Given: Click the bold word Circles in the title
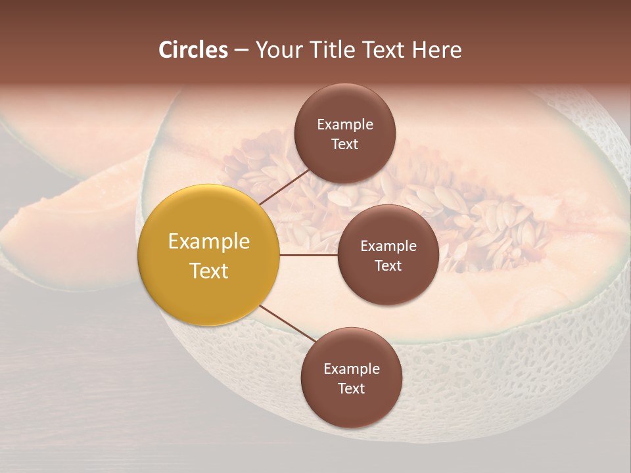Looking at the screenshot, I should coord(193,50).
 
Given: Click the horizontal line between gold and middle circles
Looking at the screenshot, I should coord(308,255).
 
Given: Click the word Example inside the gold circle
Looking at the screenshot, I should coord(208,242).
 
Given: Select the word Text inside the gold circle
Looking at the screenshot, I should coord(208,271).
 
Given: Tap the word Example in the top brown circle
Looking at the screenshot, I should coord(344,124).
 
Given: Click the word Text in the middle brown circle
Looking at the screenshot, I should coord(388,265).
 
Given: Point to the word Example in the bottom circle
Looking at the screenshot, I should coord(351,369).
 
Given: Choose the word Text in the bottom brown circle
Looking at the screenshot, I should coord(351,388).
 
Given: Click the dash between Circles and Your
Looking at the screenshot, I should coord(241,51).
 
